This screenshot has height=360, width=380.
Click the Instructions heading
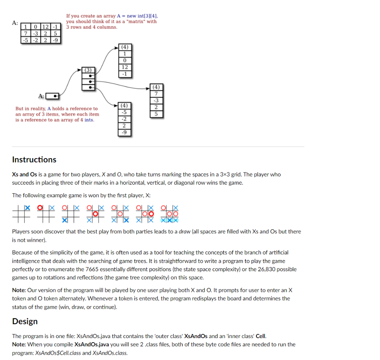coord(34,160)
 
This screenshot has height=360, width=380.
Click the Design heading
coord(25,321)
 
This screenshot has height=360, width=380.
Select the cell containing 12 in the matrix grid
coord(46,27)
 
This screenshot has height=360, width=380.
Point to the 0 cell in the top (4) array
coord(125,60)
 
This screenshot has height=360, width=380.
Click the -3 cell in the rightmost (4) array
coord(156,101)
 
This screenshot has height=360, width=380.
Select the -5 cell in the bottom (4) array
coord(125,112)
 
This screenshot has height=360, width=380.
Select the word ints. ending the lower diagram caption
coord(89,120)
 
